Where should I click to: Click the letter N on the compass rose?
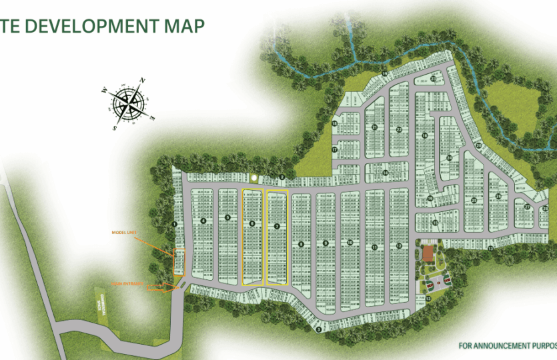click(x=142, y=81)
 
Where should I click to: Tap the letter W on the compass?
click(x=105, y=89)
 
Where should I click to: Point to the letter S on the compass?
click(x=115, y=127)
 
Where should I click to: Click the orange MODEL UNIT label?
click(x=124, y=233)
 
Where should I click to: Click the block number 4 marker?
click(x=203, y=221)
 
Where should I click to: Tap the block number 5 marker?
click(x=227, y=217)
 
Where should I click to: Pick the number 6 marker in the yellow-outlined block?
click(x=252, y=223)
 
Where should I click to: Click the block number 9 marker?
click(x=326, y=243)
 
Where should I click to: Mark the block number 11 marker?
click(x=375, y=247)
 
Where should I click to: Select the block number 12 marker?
click(x=399, y=247)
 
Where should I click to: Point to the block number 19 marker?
click(x=385, y=73)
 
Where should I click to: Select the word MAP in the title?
click(x=183, y=25)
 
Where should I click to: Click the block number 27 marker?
click(x=526, y=207)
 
